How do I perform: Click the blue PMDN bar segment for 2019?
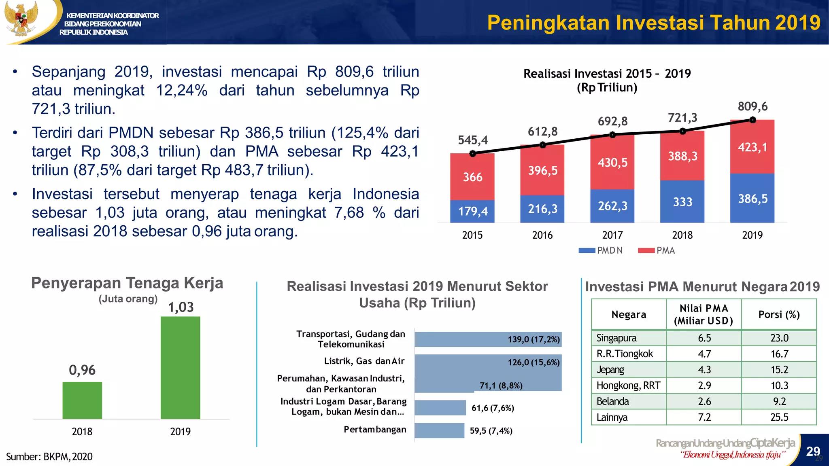(752, 198)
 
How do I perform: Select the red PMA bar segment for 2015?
(472, 177)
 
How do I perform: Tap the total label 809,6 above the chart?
(752, 106)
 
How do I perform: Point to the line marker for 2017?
(612, 135)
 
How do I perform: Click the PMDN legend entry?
(601, 250)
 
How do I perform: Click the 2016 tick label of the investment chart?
(542, 235)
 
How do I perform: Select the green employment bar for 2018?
(82, 400)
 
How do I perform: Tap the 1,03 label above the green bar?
(181, 307)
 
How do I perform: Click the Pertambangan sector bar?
(439, 430)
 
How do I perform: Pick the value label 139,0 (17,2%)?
(534, 339)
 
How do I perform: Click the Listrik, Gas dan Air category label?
(364, 361)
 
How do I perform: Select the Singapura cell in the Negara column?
(616, 338)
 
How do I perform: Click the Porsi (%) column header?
(779, 314)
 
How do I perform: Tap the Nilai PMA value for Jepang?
(704, 370)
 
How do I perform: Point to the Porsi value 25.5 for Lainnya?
(779, 417)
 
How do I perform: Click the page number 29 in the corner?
(813, 451)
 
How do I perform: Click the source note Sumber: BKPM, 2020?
(49, 457)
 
